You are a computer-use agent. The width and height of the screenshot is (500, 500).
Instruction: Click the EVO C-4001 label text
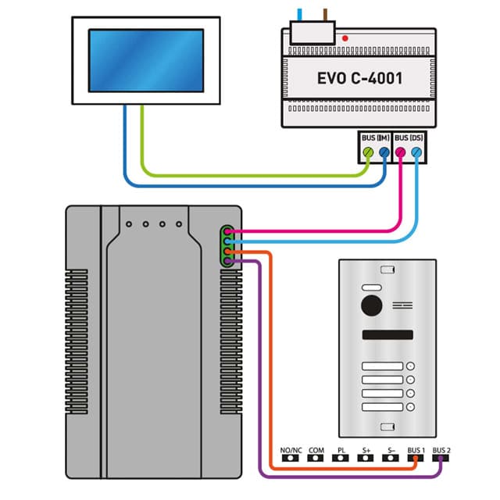(x=360, y=78)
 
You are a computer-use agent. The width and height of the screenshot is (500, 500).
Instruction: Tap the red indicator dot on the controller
(x=345, y=37)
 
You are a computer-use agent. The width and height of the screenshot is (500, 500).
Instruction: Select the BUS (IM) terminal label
(x=376, y=137)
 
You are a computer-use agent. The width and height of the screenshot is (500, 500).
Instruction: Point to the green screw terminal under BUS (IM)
(x=368, y=153)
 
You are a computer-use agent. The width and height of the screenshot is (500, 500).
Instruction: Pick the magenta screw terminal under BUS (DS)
(x=402, y=153)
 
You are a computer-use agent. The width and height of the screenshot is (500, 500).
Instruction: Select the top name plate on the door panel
(x=381, y=366)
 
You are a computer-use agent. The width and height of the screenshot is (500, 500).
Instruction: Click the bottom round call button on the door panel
(x=410, y=407)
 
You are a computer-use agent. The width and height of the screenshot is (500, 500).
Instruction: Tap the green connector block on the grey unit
(x=227, y=246)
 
